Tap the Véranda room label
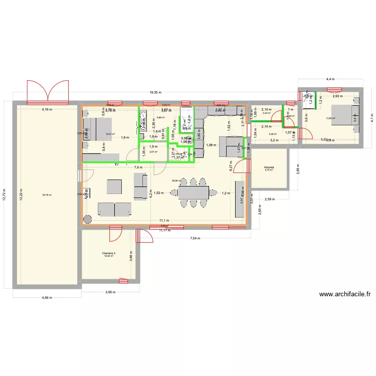tap(269, 166)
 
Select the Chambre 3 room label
tap(108, 254)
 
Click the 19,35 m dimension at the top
tap(155, 92)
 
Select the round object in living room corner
tap(88, 219)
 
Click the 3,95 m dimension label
tap(110, 292)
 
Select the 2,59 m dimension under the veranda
tap(269, 200)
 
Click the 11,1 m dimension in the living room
tap(164, 220)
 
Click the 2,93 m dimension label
tap(336, 96)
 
